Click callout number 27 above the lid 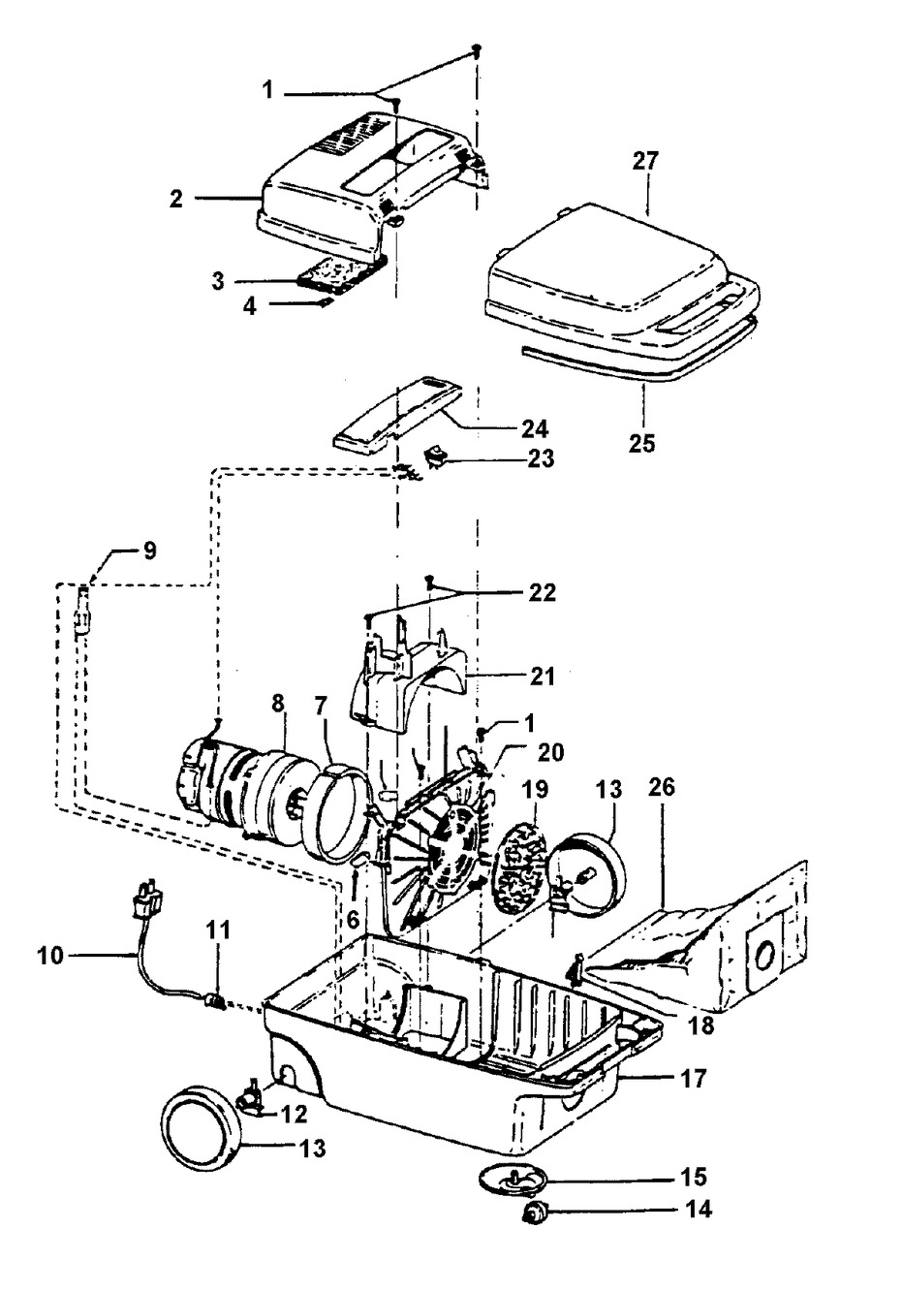(645, 162)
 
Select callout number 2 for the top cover (175, 199)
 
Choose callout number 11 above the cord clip (217, 930)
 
